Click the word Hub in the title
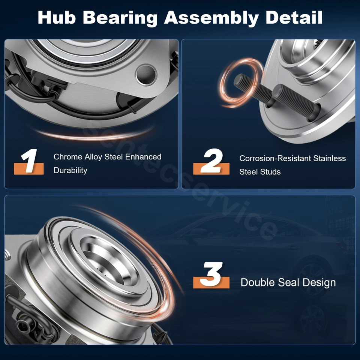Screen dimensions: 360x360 60,18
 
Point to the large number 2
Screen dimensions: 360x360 212,162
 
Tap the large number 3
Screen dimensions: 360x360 212,275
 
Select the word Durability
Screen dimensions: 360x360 70,170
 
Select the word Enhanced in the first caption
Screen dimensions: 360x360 143,157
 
